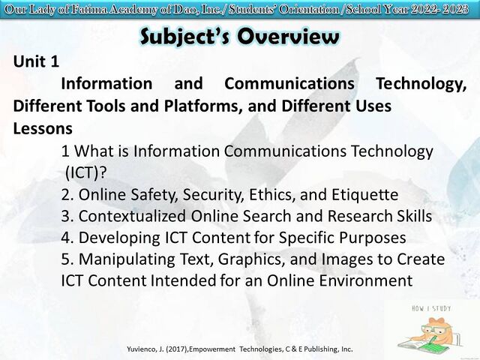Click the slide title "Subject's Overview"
240,37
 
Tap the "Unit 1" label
36,61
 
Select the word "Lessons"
43,128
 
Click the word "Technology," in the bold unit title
421,84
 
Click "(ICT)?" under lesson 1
86,173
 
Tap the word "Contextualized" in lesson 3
132,216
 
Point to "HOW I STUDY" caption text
431,308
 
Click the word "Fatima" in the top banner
89,10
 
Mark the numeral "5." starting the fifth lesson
67,259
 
